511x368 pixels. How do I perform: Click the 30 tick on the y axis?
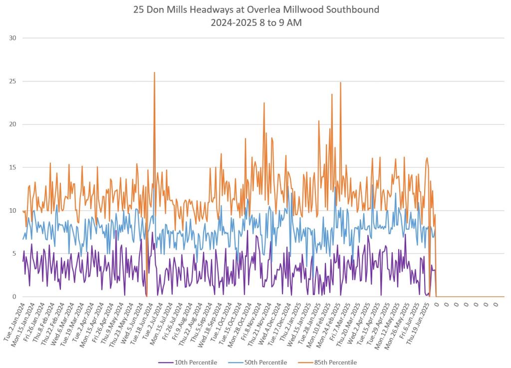click(x=13, y=38)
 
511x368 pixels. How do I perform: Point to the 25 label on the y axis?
click(x=13, y=81)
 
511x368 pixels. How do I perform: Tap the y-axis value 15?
click(x=13, y=167)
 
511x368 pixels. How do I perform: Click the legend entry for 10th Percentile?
click(x=195, y=362)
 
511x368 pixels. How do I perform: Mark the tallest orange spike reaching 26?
click(x=154, y=73)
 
